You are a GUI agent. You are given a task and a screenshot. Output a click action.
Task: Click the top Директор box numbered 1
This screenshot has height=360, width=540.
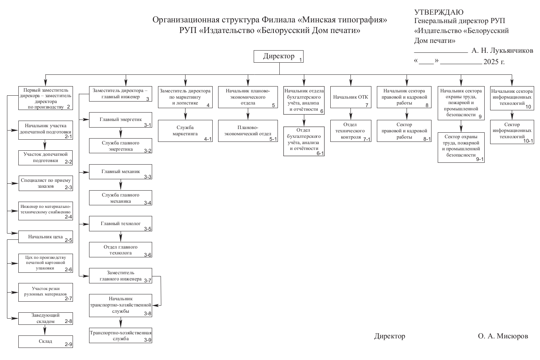(x=279, y=56)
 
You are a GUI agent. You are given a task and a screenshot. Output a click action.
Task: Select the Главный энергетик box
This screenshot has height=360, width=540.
(x=121, y=120)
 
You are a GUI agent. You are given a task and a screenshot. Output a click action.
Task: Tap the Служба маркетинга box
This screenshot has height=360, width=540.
(x=185, y=131)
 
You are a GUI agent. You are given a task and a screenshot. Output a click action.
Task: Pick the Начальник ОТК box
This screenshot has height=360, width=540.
(x=350, y=97)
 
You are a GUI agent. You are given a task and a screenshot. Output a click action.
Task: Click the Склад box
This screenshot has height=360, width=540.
(x=45, y=341)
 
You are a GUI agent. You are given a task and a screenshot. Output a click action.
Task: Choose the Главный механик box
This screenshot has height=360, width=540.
(x=121, y=172)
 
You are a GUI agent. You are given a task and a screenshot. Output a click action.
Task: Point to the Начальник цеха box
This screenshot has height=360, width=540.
(x=45, y=237)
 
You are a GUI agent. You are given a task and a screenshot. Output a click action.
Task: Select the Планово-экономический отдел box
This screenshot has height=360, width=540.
(x=248, y=131)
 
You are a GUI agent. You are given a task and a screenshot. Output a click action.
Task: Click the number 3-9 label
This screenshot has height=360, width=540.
(x=148, y=340)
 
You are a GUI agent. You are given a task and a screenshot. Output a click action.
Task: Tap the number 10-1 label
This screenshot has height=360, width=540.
(x=528, y=141)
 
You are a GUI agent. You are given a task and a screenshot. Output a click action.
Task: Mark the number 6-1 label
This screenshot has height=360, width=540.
(x=320, y=153)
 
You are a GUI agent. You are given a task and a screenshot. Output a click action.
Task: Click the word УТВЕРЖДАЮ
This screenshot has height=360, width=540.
(x=439, y=12)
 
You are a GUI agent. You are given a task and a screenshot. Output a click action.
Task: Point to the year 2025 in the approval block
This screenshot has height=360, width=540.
(x=491, y=62)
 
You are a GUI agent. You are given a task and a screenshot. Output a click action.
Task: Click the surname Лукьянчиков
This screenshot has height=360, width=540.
(x=514, y=50)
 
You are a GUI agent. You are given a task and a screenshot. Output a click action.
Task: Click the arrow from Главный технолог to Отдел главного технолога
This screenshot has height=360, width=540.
(x=121, y=236)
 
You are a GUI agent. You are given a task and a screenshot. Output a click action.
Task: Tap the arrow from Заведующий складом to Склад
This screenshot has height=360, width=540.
(x=45, y=330)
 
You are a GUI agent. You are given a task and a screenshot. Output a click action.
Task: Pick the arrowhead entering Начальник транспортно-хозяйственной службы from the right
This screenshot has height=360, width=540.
(x=156, y=305)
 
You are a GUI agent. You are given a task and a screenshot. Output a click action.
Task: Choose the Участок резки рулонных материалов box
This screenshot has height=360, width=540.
(x=45, y=292)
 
